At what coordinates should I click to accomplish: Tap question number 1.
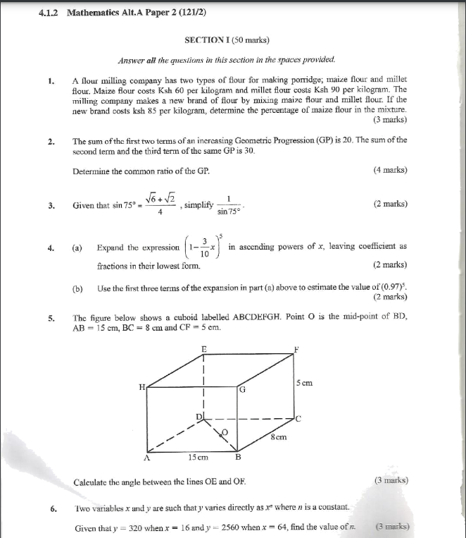[51, 80]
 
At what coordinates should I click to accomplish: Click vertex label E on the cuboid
[204, 349]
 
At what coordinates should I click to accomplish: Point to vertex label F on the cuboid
[297, 349]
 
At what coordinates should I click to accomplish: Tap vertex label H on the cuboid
[141, 386]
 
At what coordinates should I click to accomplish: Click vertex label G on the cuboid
[242, 389]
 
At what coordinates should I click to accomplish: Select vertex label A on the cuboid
[147, 457]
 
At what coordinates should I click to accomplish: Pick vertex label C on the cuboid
[298, 419]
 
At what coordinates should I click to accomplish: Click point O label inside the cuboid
[225, 430]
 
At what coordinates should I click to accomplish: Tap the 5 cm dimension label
[304, 383]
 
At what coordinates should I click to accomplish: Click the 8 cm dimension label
[278, 438]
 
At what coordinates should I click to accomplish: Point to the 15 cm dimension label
[198, 457]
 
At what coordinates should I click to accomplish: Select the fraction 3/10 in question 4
[204, 247]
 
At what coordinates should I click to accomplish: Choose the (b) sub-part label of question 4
[77, 288]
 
